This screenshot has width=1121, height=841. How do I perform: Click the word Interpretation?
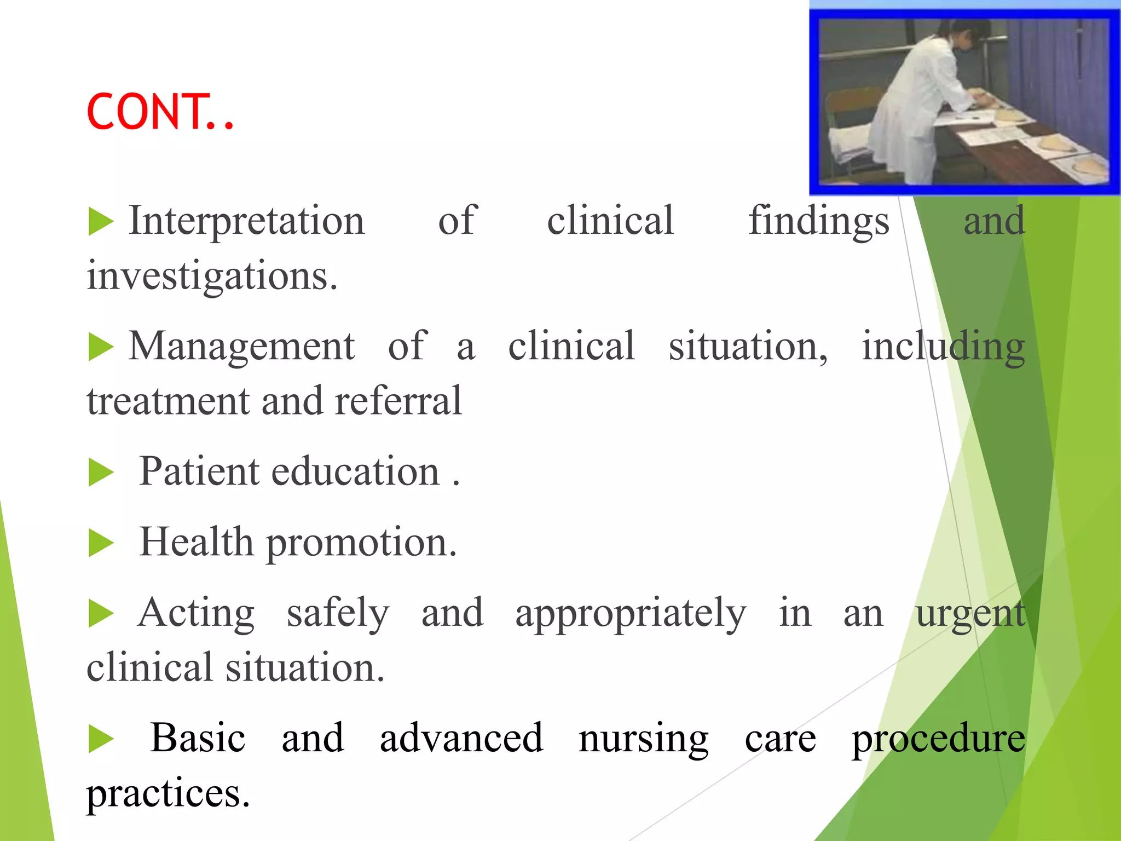pyautogui.click(x=246, y=221)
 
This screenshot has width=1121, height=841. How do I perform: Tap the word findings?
pyautogui.click(x=818, y=221)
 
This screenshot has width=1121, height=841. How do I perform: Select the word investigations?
pyautogui.click(x=212, y=275)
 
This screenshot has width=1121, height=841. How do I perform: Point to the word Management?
pyautogui.click(x=241, y=346)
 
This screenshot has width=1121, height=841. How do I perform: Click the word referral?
pyautogui.click(x=398, y=401)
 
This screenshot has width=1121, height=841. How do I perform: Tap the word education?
pyautogui.click(x=355, y=471)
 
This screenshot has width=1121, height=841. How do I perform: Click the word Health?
pyautogui.click(x=196, y=542)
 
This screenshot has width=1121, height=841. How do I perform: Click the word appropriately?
pyautogui.click(x=631, y=613)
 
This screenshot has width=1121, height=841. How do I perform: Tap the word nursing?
pyautogui.click(x=644, y=739)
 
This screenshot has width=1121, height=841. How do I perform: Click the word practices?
pyautogui.click(x=168, y=794)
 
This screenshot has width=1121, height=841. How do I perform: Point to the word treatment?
pyautogui.click(x=167, y=401)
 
